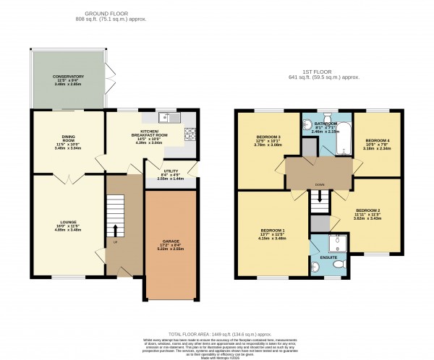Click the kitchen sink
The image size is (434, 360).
click(167, 116)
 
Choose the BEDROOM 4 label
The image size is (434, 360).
click(377, 142)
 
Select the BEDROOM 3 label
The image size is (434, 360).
click(268, 140)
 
